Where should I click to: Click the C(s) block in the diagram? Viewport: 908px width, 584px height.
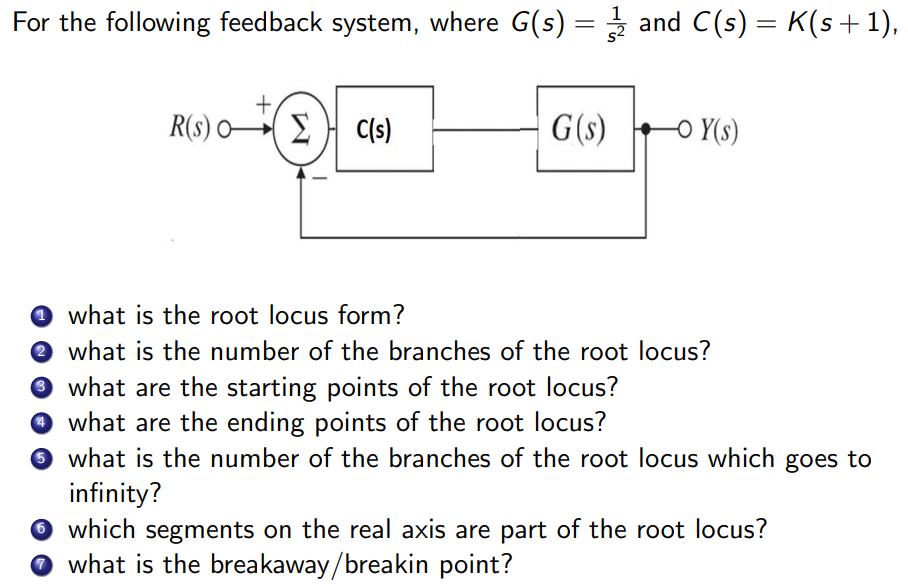384,130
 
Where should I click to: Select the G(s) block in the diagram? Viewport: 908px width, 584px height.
585,130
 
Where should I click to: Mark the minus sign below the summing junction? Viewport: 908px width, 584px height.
322,180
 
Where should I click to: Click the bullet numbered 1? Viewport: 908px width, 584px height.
39,317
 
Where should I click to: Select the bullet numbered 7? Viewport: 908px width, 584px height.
39,565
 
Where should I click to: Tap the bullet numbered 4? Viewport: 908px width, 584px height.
39,423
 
